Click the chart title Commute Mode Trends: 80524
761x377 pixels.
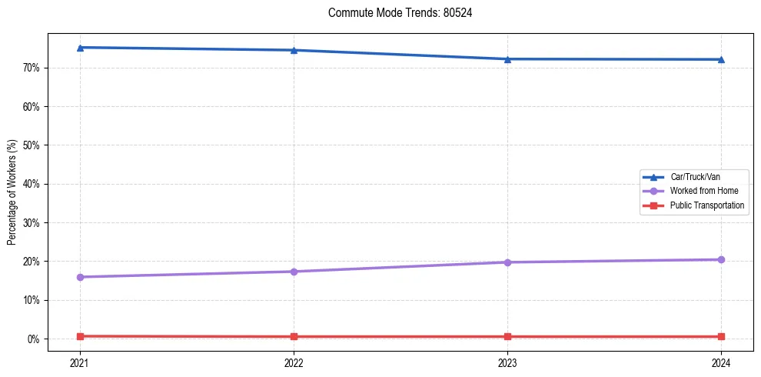pyautogui.click(x=394, y=13)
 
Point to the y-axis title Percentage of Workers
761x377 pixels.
pyautogui.click(x=12, y=192)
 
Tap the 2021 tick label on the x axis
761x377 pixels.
pyautogui.click(x=80, y=362)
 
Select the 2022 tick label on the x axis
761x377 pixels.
pyautogui.click(x=294, y=362)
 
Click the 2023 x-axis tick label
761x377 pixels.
pyautogui.click(x=507, y=362)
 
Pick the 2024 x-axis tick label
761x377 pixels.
pyautogui.click(x=721, y=362)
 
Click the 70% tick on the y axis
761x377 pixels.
pyautogui.click(x=31, y=68)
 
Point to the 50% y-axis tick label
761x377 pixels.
pyautogui.click(x=31, y=145)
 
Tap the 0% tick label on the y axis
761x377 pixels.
pyautogui.click(x=33, y=339)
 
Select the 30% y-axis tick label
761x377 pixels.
pyautogui.click(x=31, y=223)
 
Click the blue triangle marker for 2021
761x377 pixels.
pyautogui.click(x=80, y=48)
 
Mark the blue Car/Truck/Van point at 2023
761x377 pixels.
pyautogui.click(x=507, y=59)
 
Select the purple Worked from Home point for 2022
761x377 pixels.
pyautogui.click(x=294, y=272)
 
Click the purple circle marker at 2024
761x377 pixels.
pyautogui.click(x=721, y=259)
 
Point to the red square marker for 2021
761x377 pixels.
pyautogui.click(x=80, y=336)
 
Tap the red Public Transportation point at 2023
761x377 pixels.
pyautogui.click(x=507, y=337)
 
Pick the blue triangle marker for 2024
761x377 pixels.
pyautogui.click(x=721, y=59)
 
